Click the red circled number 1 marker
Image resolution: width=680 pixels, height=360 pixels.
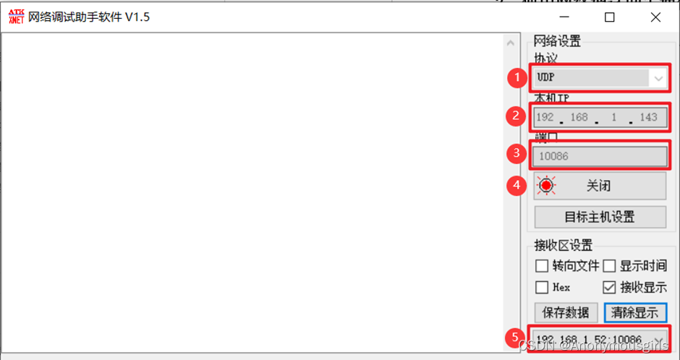click(516, 77)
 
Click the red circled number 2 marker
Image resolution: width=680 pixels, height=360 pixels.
click(516, 116)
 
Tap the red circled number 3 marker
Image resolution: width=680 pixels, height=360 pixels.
click(516, 154)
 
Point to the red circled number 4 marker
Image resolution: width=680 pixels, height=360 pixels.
click(516, 186)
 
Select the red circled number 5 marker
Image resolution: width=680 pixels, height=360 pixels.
click(516, 338)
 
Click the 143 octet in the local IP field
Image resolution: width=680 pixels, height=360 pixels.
click(649, 116)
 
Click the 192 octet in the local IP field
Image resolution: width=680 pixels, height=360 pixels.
click(545, 116)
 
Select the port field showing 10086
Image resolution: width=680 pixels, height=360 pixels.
click(599, 155)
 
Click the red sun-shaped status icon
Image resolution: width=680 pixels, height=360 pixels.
click(546, 186)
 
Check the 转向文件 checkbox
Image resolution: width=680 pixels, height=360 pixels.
click(541, 266)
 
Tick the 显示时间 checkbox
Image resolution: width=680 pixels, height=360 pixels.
click(609, 266)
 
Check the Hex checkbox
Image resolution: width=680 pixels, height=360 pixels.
click(541, 287)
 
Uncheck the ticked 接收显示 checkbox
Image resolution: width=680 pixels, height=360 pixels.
click(609, 287)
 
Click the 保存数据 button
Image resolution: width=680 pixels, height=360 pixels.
click(566, 312)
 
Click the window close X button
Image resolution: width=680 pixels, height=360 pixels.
click(655, 17)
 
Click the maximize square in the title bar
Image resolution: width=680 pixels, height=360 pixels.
click(610, 17)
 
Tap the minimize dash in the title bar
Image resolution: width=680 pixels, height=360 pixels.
click(564, 17)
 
